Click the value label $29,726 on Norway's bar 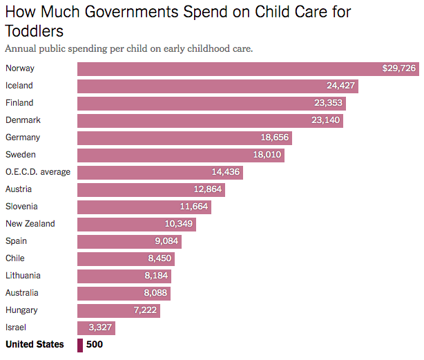tap(399, 68)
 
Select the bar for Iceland tap(218, 86)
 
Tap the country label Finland tap(19, 103)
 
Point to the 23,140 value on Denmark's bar tap(324, 120)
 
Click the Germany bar tap(184, 138)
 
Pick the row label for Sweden tap(20, 155)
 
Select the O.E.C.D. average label tap(38, 172)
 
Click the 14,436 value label tap(225, 172)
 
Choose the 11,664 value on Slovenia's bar tap(193, 207)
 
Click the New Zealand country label tap(30, 224)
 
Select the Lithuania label tap(23, 276)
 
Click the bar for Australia tap(124, 293)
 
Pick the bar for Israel tap(96, 328)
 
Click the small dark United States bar tap(79, 345)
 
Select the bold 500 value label tap(95, 345)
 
